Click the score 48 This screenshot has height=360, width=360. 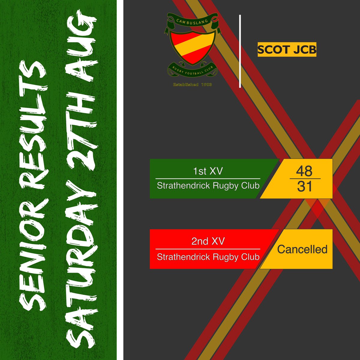click(x=304, y=171)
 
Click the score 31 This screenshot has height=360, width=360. click(x=304, y=187)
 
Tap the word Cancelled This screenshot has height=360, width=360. click(x=302, y=249)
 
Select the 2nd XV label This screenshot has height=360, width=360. click(x=208, y=241)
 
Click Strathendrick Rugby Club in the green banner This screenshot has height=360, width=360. click(x=208, y=186)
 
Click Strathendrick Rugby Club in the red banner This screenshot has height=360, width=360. click(x=208, y=257)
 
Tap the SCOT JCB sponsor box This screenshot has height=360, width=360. click(x=287, y=49)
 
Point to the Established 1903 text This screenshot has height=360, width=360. click(x=192, y=85)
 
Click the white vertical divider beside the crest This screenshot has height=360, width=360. click(x=240, y=51)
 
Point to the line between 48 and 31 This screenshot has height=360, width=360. click(x=305, y=179)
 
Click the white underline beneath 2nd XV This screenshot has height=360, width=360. click(x=208, y=249)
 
